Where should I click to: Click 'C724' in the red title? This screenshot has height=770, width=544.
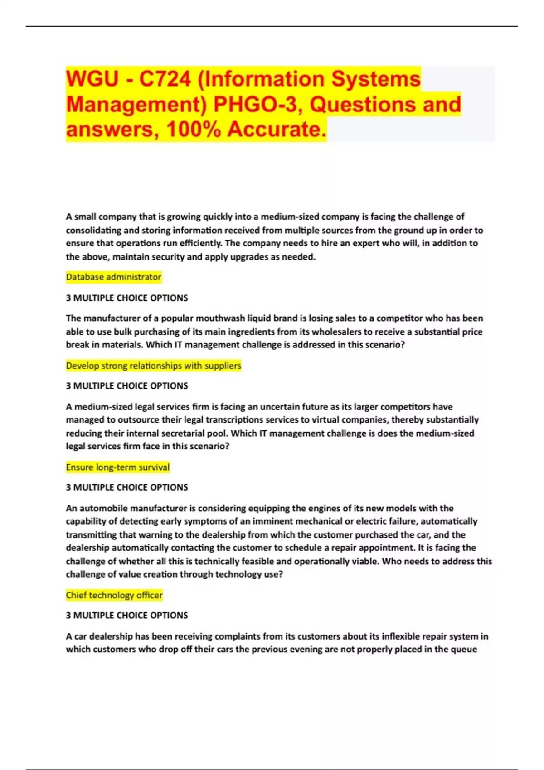tap(165, 79)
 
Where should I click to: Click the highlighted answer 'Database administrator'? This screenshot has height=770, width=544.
tap(113, 277)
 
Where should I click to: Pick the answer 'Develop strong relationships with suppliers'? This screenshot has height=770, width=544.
tap(153, 366)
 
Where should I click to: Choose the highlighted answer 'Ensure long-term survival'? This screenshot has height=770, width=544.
tap(117, 467)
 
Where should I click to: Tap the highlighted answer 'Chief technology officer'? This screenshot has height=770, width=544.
tap(114, 595)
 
